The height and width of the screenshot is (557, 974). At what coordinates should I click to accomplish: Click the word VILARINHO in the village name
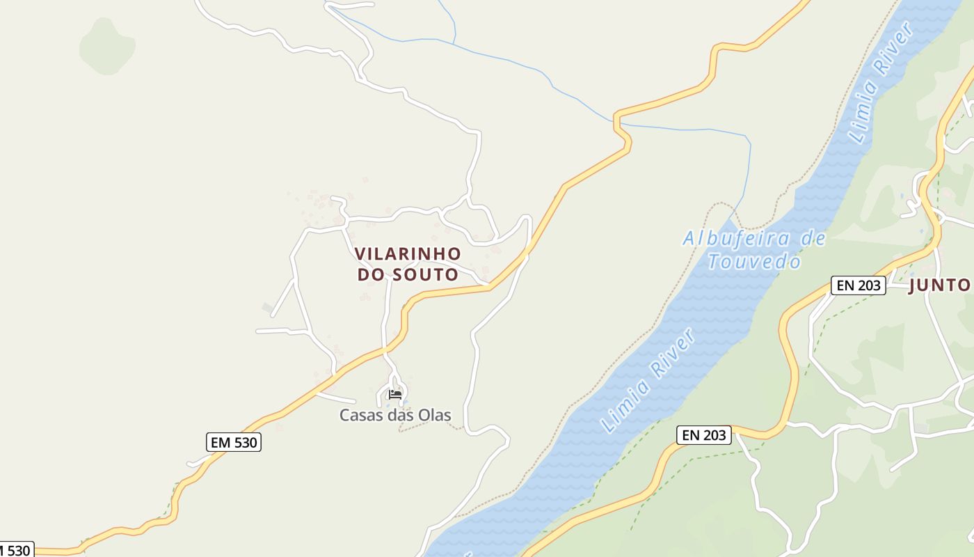[408, 253]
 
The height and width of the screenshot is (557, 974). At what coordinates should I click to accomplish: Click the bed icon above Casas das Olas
[395, 395]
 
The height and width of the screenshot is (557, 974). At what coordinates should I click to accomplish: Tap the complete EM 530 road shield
[234, 442]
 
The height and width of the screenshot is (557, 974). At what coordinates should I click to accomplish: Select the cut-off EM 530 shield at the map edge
[15, 550]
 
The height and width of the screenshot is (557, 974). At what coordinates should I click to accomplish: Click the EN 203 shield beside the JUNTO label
[858, 285]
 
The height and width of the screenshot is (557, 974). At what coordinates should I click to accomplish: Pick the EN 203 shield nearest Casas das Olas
[704, 435]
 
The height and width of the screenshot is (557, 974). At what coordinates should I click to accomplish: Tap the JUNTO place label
[939, 285]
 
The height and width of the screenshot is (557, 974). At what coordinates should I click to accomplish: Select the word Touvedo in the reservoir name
[754, 262]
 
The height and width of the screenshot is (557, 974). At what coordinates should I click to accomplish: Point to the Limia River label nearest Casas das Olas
[648, 381]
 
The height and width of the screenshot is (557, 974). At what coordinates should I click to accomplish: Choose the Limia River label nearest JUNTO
[880, 82]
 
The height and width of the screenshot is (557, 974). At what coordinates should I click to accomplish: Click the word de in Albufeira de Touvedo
[812, 239]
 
